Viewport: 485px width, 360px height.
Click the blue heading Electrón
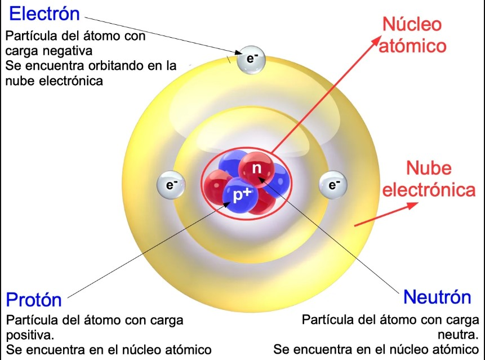click(45, 14)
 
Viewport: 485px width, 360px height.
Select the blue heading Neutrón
click(437, 297)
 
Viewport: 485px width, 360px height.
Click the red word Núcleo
click(412, 24)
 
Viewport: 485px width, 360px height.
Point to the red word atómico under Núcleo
click(412, 45)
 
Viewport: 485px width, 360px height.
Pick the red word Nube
click(429, 168)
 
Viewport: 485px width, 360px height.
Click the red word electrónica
click(429, 190)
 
